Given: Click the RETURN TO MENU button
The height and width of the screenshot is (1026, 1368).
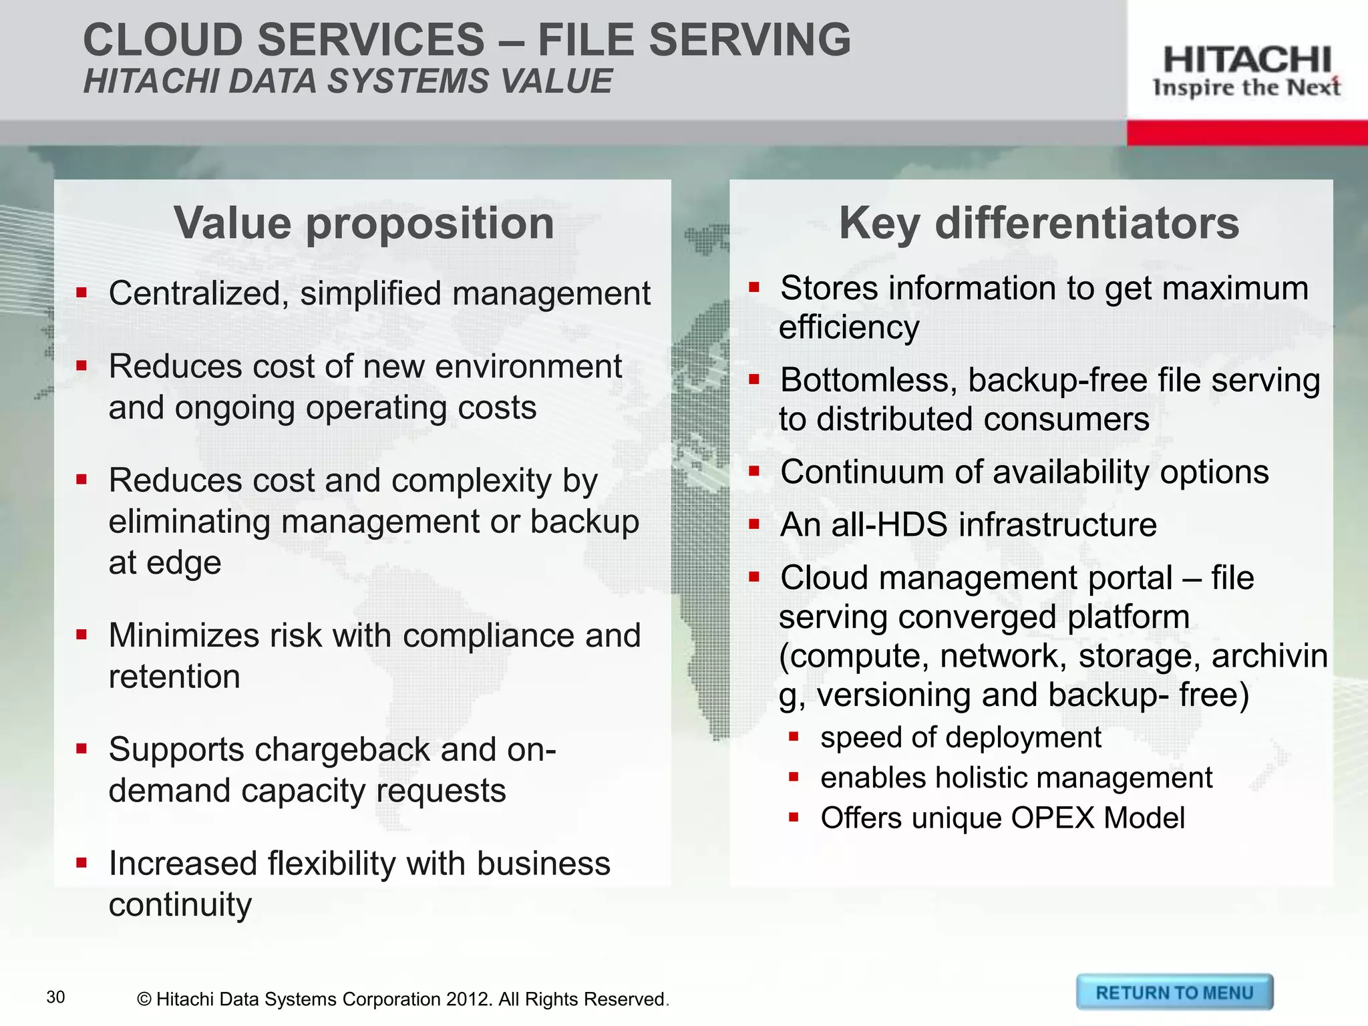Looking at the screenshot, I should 1174,993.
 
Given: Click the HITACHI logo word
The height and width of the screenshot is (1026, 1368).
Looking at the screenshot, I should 1246,60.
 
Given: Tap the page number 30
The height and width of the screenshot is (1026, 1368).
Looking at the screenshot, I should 56,997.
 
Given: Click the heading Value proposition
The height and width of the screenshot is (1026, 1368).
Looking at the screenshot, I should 364,223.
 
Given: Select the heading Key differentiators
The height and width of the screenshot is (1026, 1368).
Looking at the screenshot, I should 1039,223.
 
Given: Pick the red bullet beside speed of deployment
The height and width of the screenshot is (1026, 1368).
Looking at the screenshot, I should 794,737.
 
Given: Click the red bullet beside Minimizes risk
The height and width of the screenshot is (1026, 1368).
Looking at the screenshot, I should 81,635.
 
